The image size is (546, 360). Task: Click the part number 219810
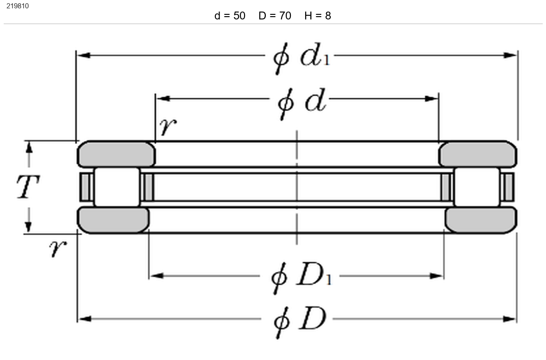click(x=18, y=6)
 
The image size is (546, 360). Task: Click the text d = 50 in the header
click(x=230, y=16)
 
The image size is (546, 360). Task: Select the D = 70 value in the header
click(x=275, y=16)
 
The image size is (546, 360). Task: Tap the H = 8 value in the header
click(x=318, y=16)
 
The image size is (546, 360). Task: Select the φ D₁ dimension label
click(x=301, y=277)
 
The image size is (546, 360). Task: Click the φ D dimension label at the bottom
click(x=300, y=321)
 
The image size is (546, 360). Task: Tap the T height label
click(x=28, y=187)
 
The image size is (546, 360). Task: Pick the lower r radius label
click(x=58, y=248)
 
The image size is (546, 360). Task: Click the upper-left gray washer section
click(x=116, y=155)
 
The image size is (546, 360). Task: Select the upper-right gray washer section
click(x=478, y=155)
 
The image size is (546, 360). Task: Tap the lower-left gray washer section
click(x=113, y=220)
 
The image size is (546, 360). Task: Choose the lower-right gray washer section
click(x=481, y=220)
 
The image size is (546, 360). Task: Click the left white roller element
click(x=117, y=187)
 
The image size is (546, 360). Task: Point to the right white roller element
click(x=477, y=187)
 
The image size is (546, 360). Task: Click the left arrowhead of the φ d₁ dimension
click(x=84, y=55)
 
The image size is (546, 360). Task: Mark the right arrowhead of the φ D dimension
click(x=509, y=319)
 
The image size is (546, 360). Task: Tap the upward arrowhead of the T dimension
click(x=29, y=148)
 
